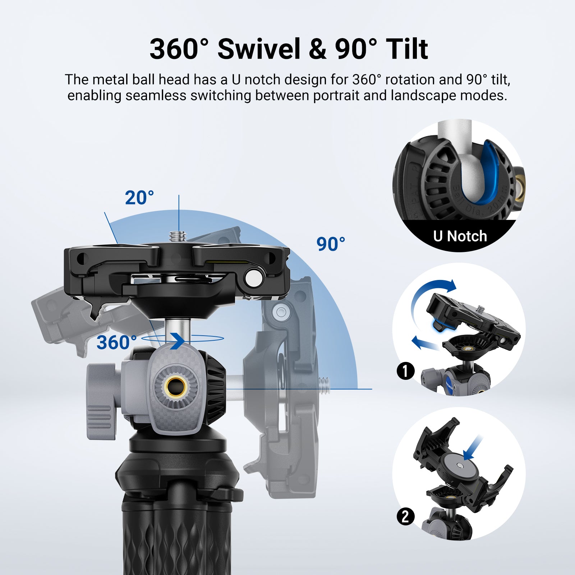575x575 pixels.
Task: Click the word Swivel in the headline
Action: [259, 49]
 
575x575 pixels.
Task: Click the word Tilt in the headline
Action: [407, 49]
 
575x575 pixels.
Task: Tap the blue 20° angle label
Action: [139, 198]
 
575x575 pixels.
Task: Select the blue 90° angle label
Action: [331, 244]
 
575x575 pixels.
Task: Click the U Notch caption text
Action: [460, 236]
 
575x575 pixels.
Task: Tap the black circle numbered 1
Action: [406, 371]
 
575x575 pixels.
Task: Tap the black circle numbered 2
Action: [406, 516]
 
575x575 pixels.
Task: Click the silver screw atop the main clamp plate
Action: [179, 237]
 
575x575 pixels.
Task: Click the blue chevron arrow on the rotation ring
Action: [178, 341]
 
